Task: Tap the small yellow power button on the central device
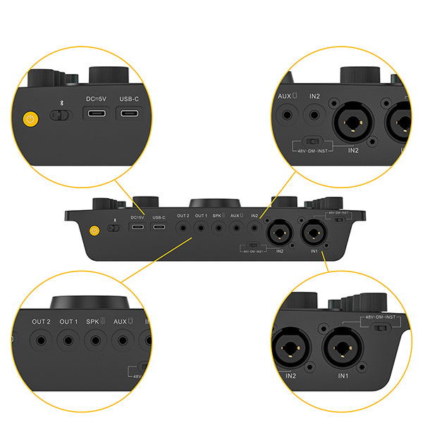pyautogui.click(x=94, y=228)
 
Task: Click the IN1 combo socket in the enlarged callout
pyautogui.click(x=343, y=348)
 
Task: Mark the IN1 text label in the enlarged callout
pyautogui.click(x=343, y=376)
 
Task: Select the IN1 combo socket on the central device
pyautogui.click(x=312, y=231)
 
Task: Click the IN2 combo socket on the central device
pyautogui.click(x=278, y=231)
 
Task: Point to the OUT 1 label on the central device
pyautogui.click(x=201, y=216)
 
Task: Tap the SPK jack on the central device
pyautogui.click(x=218, y=227)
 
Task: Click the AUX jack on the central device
pyautogui.click(x=235, y=227)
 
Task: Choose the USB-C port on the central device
pyautogui.click(x=159, y=228)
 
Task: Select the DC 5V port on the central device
pyautogui.click(x=137, y=228)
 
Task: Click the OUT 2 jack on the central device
pyautogui.click(x=183, y=227)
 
